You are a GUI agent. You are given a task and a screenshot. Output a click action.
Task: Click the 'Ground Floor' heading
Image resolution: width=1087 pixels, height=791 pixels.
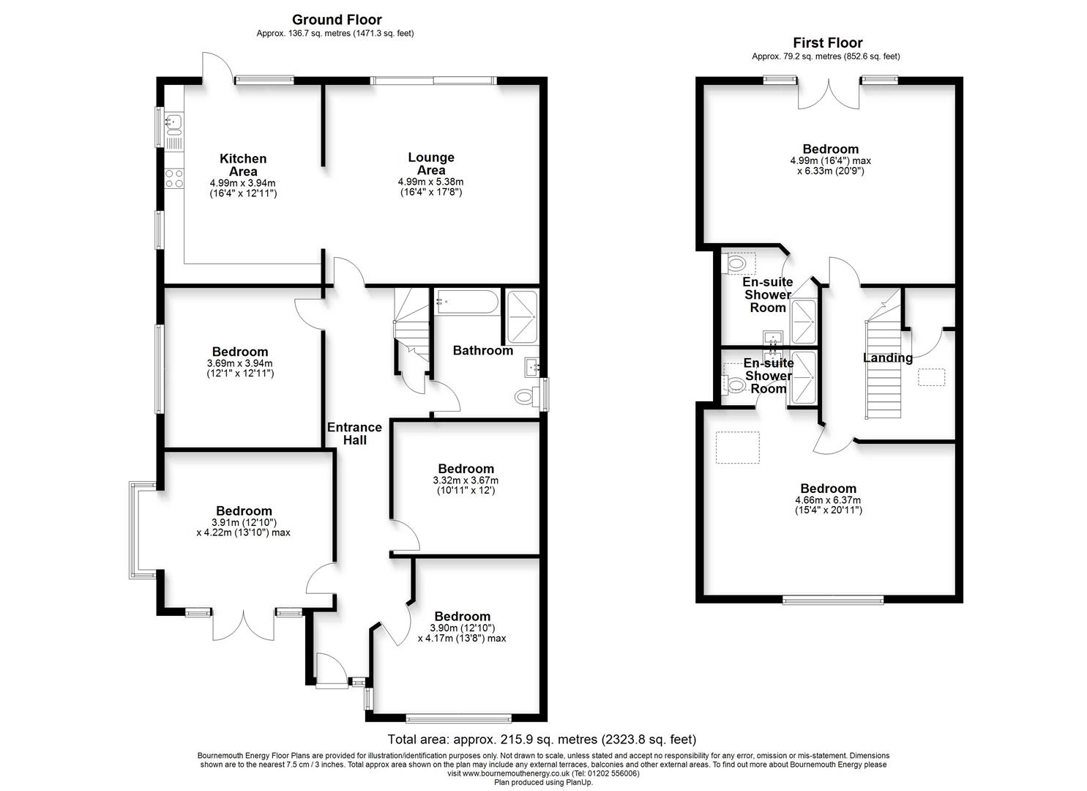click(337, 20)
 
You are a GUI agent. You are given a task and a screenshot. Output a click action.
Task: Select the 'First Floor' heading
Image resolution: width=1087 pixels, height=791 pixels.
click(827, 43)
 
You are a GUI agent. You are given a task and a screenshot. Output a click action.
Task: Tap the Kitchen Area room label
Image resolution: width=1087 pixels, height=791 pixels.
click(243, 165)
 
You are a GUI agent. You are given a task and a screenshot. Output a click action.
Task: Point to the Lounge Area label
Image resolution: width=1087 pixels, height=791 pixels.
click(431, 164)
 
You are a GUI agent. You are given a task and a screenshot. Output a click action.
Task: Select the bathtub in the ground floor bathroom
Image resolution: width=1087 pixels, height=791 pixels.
click(466, 302)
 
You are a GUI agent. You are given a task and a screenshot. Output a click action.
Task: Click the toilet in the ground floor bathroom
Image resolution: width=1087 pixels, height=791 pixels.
click(525, 397)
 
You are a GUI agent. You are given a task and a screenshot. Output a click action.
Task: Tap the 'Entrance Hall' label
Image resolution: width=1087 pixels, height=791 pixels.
click(354, 434)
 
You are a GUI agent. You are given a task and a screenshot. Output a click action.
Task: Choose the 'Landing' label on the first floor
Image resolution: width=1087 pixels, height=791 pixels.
click(887, 358)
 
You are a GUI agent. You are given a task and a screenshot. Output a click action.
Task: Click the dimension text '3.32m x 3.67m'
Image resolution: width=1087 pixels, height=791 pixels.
click(466, 480)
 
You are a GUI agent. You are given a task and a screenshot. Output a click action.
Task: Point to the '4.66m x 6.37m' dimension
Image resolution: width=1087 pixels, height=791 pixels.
click(827, 501)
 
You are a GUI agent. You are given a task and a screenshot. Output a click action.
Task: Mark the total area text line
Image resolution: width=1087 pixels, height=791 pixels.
click(541, 740)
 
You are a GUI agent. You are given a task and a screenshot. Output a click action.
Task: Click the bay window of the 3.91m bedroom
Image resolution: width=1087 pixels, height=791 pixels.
click(135, 530)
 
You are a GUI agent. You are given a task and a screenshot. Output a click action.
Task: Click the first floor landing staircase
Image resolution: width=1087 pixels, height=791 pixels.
click(884, 366)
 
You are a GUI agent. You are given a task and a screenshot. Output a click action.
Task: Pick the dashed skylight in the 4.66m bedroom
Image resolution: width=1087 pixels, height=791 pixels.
click(737, 448)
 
